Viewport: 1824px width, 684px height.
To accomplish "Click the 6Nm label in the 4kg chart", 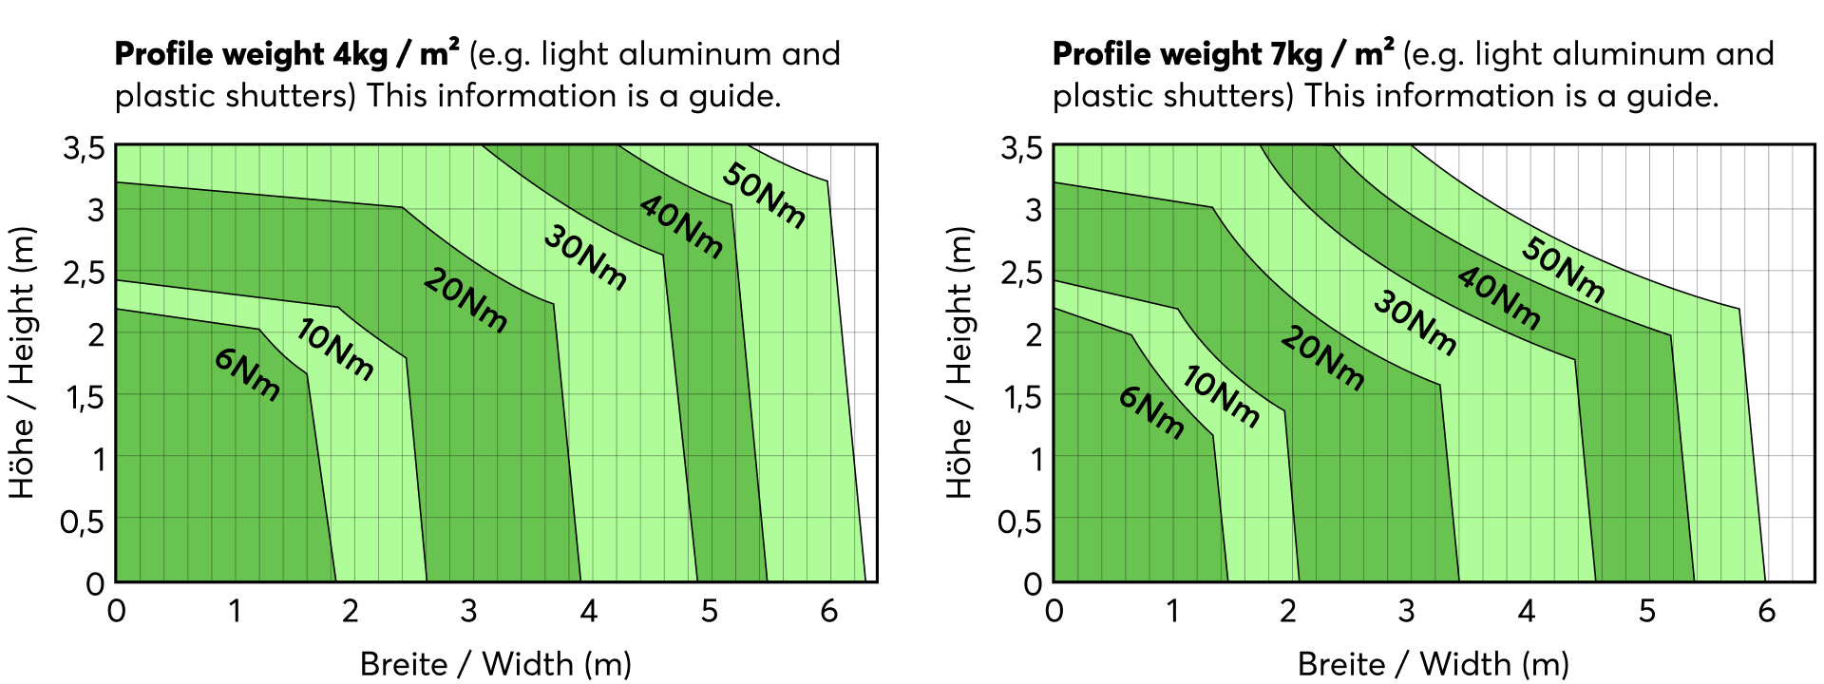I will tap(247, 374).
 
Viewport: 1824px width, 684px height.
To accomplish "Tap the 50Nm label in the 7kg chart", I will tap(1563, 270).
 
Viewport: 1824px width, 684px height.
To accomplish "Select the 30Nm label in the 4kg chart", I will tap(585, 257).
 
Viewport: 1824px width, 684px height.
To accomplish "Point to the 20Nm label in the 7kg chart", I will tap(1321, 357).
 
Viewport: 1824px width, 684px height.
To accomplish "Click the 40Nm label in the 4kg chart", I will tap(680, 227).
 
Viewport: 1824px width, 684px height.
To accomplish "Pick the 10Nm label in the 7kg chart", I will tap(1221, 396).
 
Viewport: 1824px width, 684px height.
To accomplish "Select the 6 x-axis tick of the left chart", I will tap(828, 611).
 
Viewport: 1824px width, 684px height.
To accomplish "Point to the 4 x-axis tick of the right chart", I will tap(1527, 611).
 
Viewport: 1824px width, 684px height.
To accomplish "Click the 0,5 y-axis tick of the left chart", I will tap(83, 522).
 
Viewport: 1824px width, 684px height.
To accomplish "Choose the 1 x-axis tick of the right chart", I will tap(1172, 611).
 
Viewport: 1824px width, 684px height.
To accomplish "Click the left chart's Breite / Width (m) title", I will tap(495, 663).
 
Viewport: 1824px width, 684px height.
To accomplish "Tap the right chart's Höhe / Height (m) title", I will tap(960, 362).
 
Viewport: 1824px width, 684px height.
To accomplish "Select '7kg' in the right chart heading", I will tap(1297, 54).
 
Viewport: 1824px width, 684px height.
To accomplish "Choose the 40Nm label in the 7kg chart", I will tap(1498, 298).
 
